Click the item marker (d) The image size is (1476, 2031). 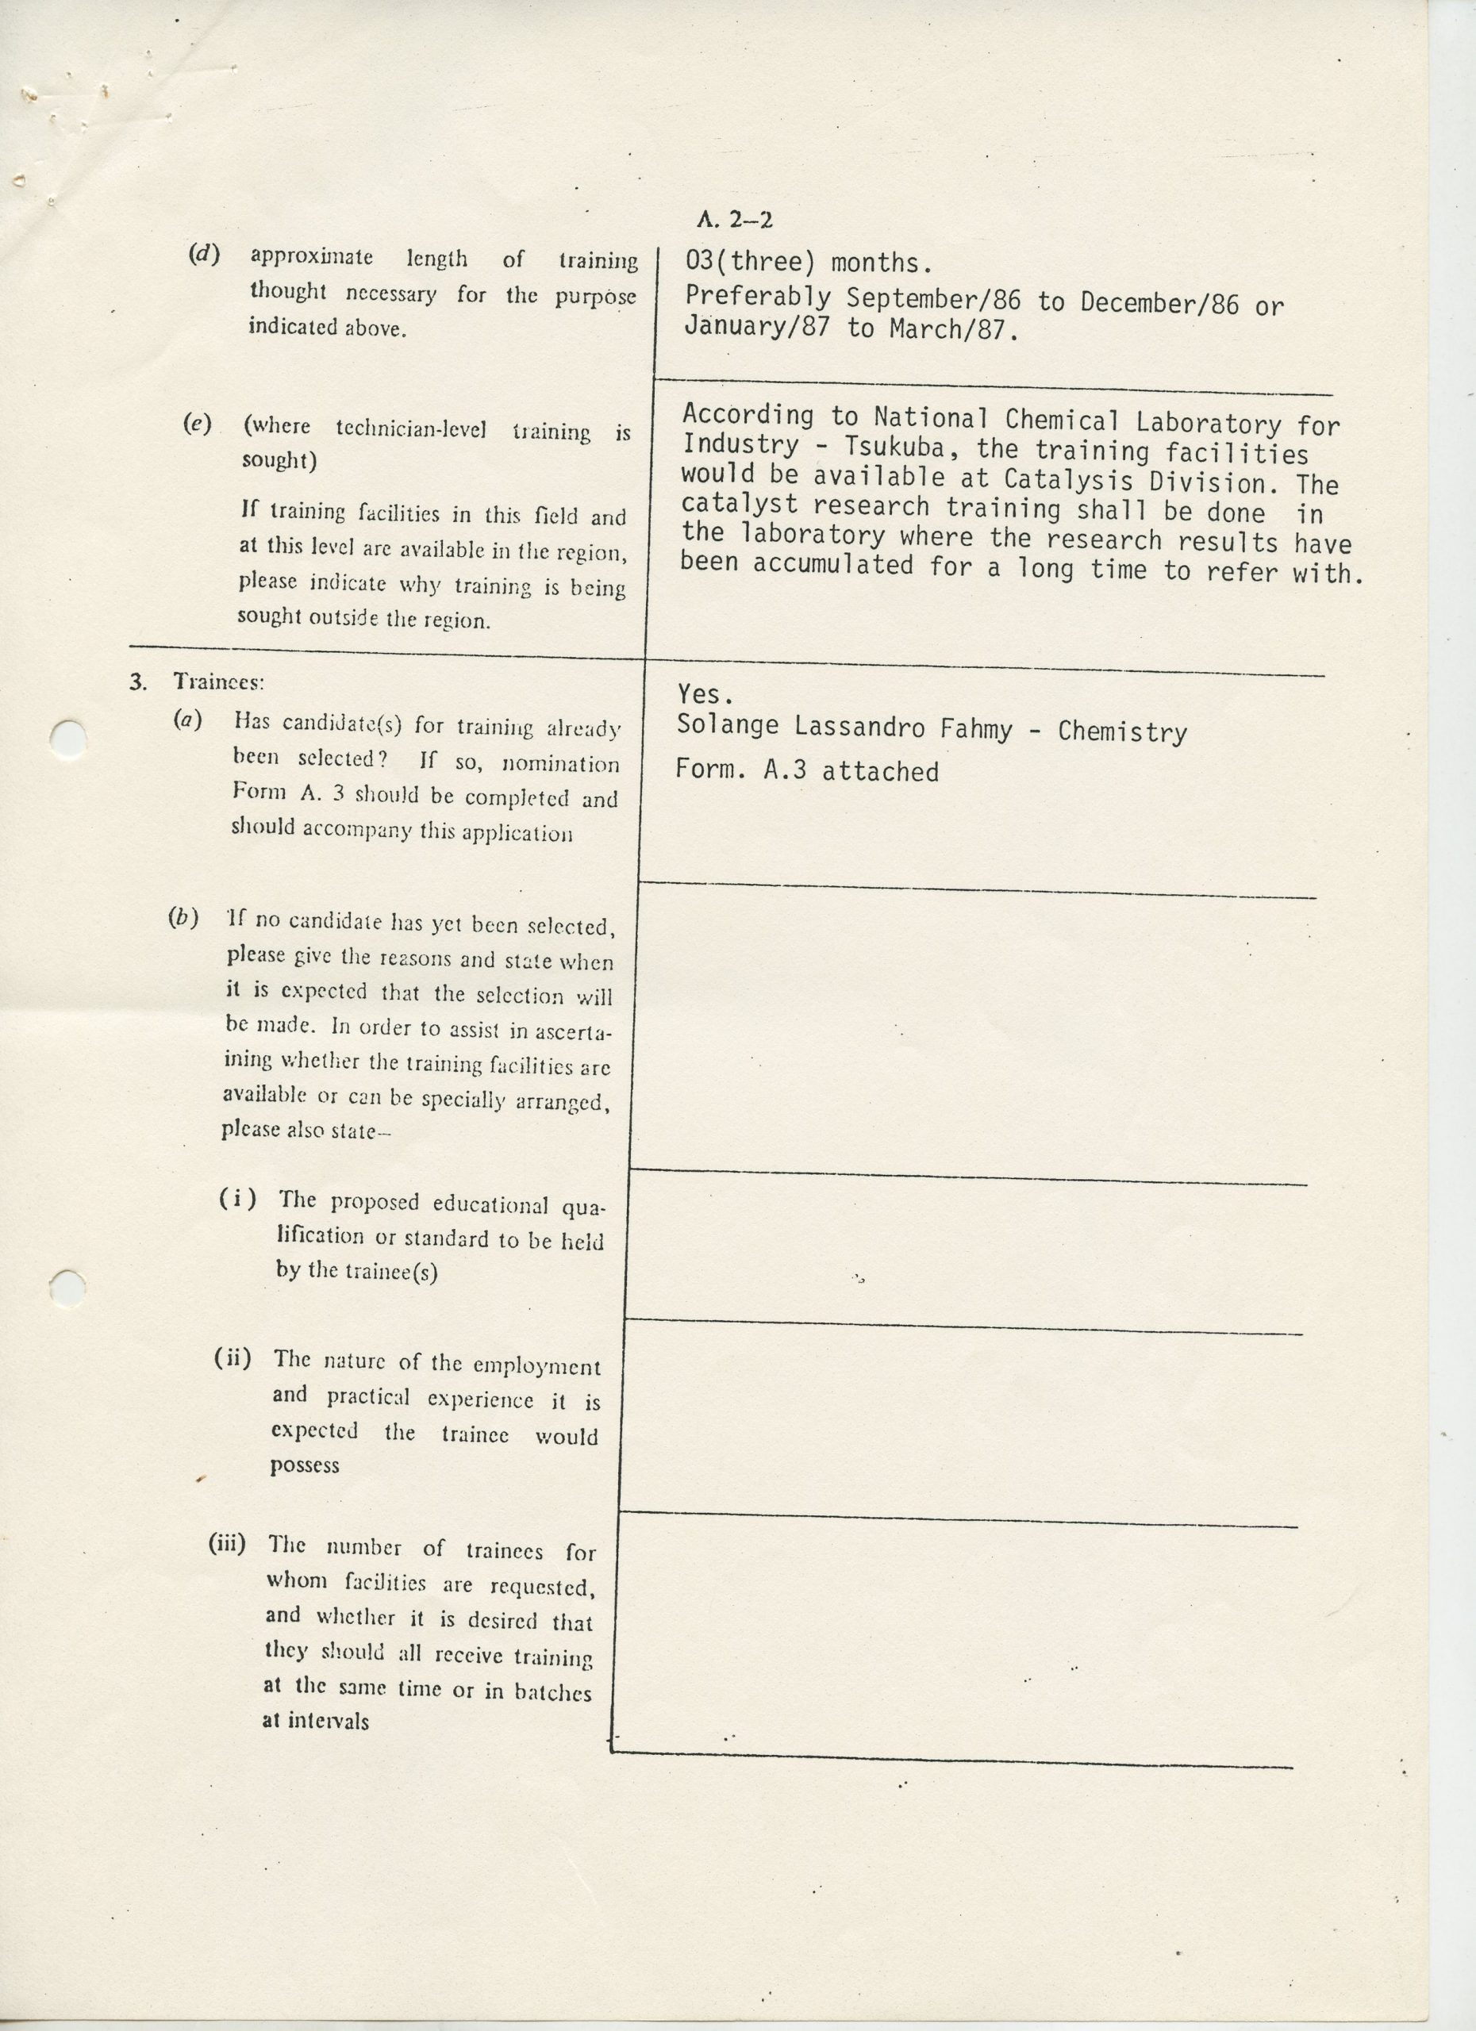point(203,255)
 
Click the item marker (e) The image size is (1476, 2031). point(196,424)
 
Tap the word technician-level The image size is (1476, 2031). point(411,429)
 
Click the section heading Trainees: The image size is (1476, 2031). point(217,681)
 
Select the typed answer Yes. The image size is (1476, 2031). point(705,694)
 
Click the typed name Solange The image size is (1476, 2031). point(727,725)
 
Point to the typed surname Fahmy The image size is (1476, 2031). point(976,730)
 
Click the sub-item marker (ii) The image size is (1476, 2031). point(232,1358)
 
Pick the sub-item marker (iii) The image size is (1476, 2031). point(227,1543)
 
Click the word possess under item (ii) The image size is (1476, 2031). point(305,1465)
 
